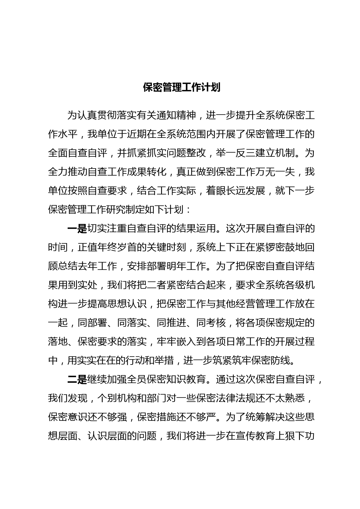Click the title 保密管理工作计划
182,87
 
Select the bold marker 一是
77,229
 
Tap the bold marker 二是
77,380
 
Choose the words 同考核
211,323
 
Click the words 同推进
172,323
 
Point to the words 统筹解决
255,417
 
